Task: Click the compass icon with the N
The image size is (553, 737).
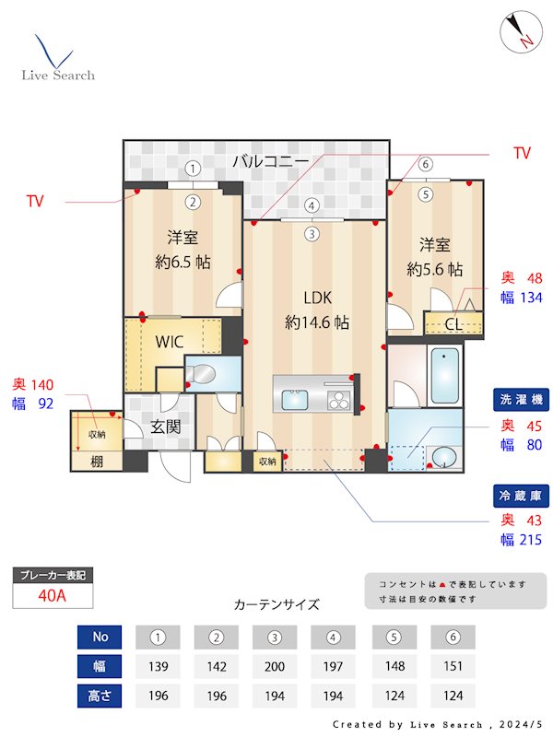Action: tap(519, 33)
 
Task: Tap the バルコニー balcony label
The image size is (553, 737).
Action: tap(270, 161)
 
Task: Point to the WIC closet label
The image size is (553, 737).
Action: tap(169, 342)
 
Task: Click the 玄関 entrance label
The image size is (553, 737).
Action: tap(167, 427)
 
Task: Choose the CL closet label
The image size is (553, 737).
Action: tap(453, 324)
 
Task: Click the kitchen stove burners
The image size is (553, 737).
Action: tap(338, 400)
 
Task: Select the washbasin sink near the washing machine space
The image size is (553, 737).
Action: tap(442, 457)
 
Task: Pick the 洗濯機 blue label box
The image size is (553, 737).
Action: tap(521, 402)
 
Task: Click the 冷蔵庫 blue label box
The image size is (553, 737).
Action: tap(521, 496)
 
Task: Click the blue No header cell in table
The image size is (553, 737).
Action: tap(101, 637)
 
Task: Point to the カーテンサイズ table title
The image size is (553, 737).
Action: tap(276, 605)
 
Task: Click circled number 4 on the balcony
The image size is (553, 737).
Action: tap(312, 205)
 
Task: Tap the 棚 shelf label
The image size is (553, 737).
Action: tap(96, 461)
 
